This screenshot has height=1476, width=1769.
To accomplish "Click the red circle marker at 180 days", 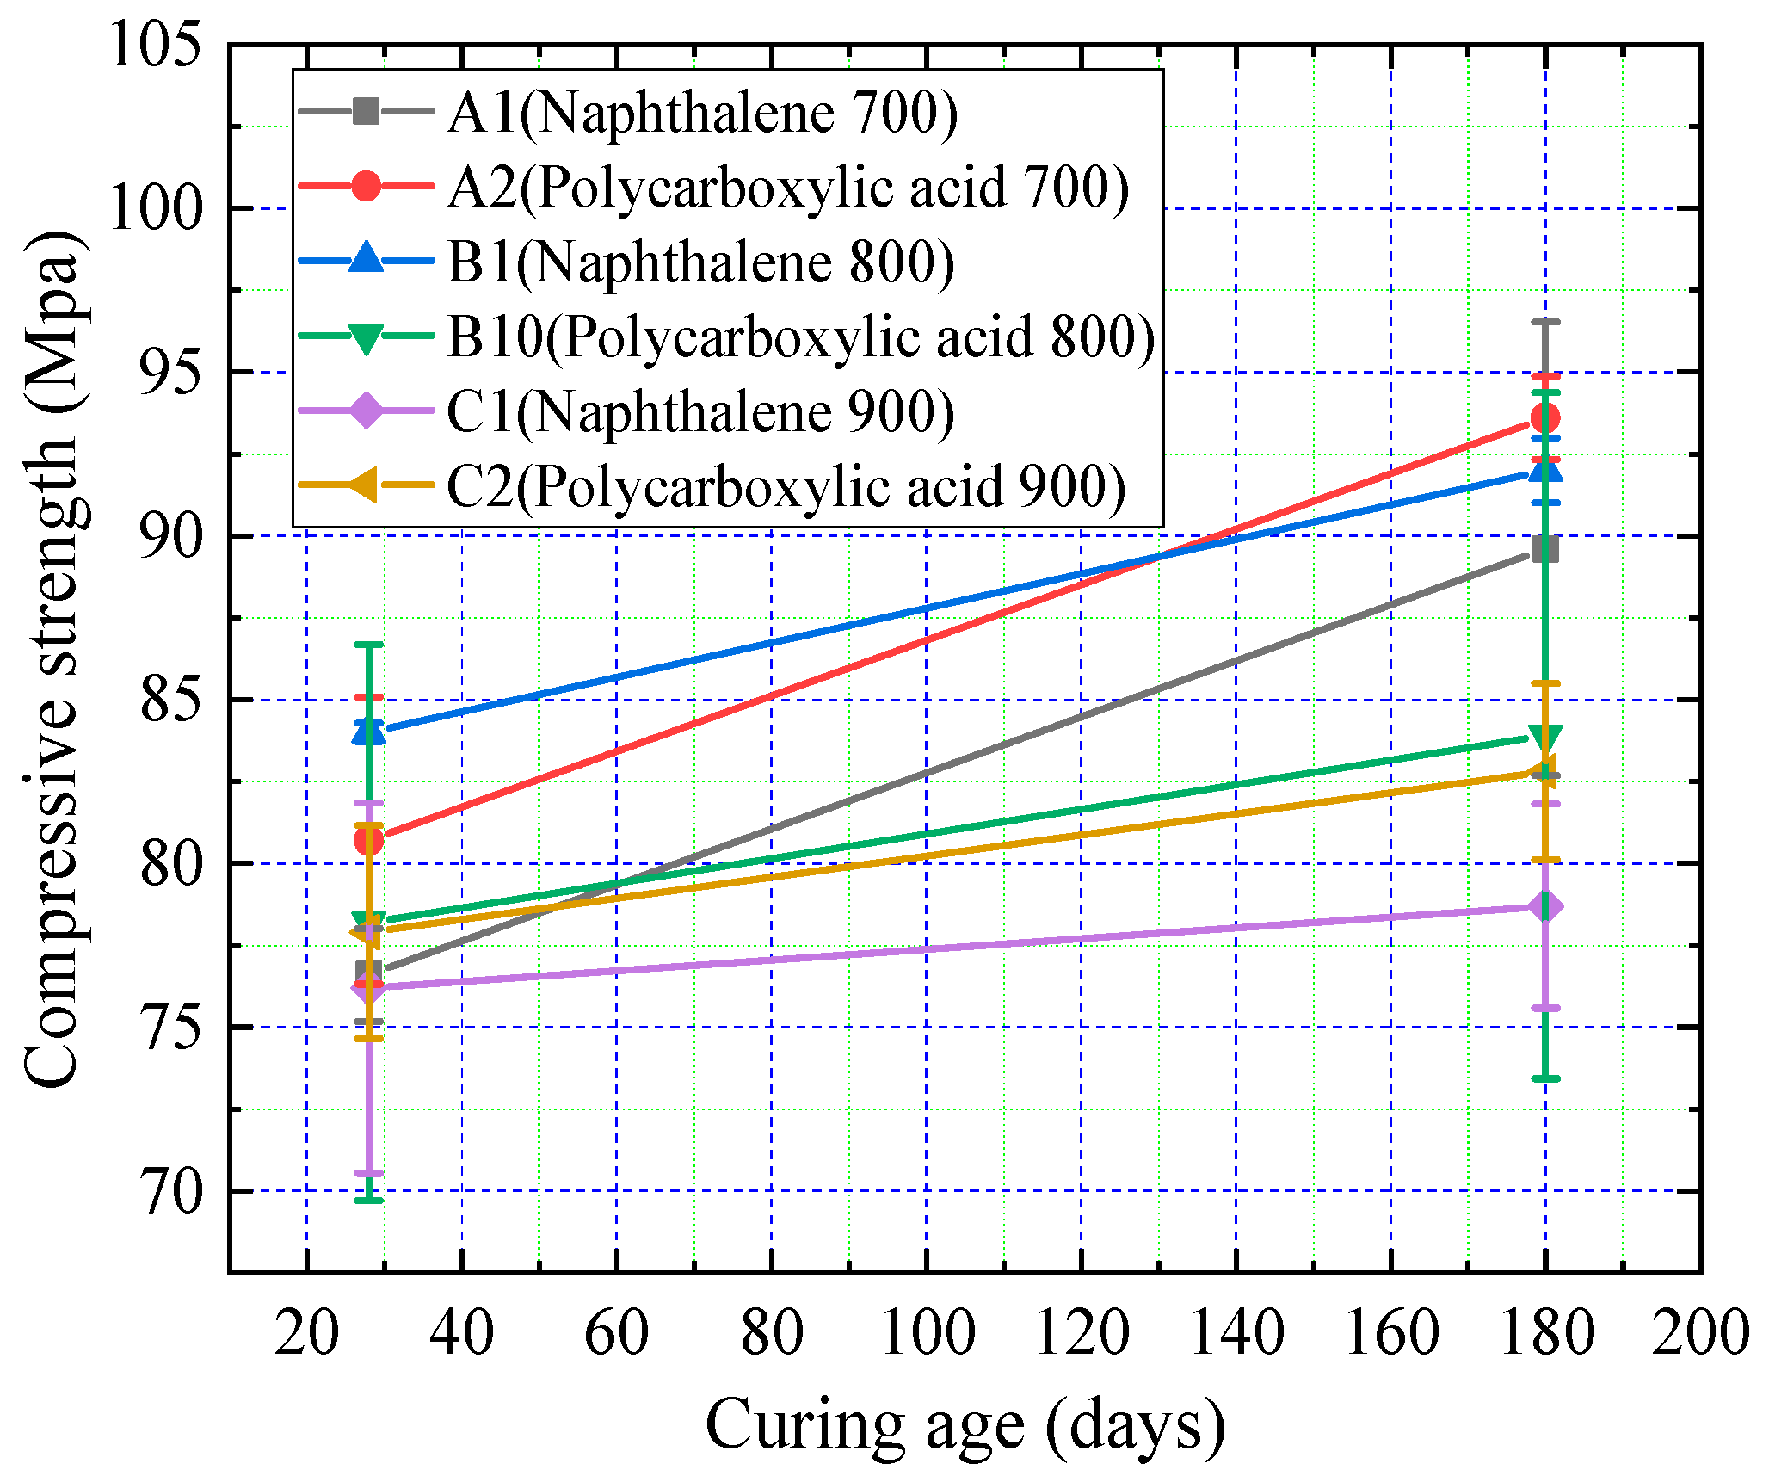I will (1545, 418).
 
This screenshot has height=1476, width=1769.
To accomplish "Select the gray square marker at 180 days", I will (1545, 548).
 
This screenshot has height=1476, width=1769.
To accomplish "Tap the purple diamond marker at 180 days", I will (1545, 906).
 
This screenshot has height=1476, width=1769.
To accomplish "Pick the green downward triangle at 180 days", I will (1545, 738).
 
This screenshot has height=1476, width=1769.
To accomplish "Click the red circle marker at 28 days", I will (368, 840).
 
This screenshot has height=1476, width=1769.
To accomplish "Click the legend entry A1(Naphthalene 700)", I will (701, 112).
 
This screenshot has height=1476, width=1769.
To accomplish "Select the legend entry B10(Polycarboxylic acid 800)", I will (800, 337).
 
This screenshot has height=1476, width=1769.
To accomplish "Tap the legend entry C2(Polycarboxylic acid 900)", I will (786, 486).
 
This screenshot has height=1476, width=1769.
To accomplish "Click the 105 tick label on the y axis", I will (155, 45).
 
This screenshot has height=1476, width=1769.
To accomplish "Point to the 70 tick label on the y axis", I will (171, 1192).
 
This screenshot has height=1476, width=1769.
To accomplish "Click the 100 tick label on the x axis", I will (927, 1332).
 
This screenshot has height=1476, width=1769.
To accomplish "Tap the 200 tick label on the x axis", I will (1699, 1332).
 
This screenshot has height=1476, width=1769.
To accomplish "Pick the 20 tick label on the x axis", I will (306, 1332).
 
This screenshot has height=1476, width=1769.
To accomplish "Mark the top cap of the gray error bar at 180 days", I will (1545, 322).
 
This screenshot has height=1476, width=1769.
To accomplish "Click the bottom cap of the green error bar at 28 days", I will (368, 1200).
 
